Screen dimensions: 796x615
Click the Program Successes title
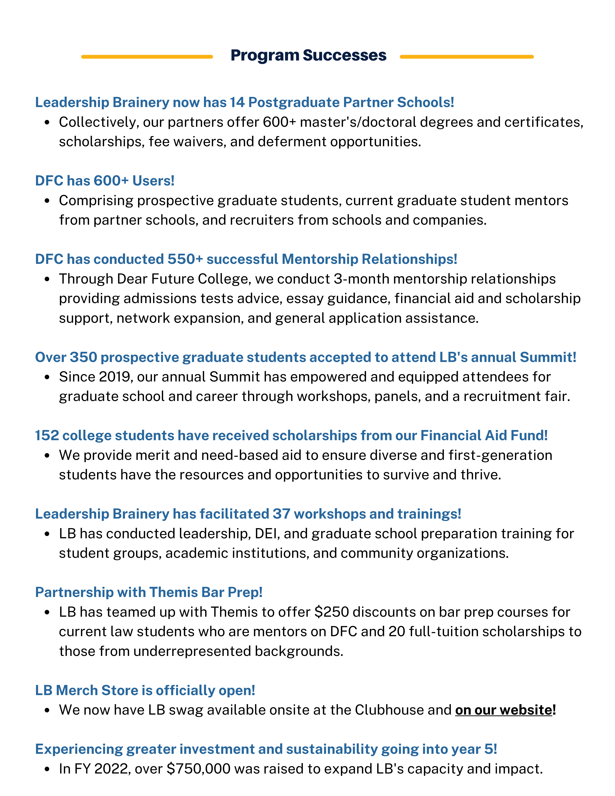click(308, 55)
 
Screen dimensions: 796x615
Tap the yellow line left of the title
click(147, 57)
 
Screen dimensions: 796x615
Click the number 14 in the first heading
click(237, 102)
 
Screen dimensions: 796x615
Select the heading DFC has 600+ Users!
click(105, 181)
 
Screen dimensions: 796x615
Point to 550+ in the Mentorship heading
click(185, 259)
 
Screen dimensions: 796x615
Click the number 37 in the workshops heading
click(281, 514)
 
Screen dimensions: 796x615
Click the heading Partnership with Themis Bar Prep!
click(149, 592)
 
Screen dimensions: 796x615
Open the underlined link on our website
click(504, 710)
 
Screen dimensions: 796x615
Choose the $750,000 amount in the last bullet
click(199, 769)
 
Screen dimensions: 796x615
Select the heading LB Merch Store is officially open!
click(145, 690)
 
